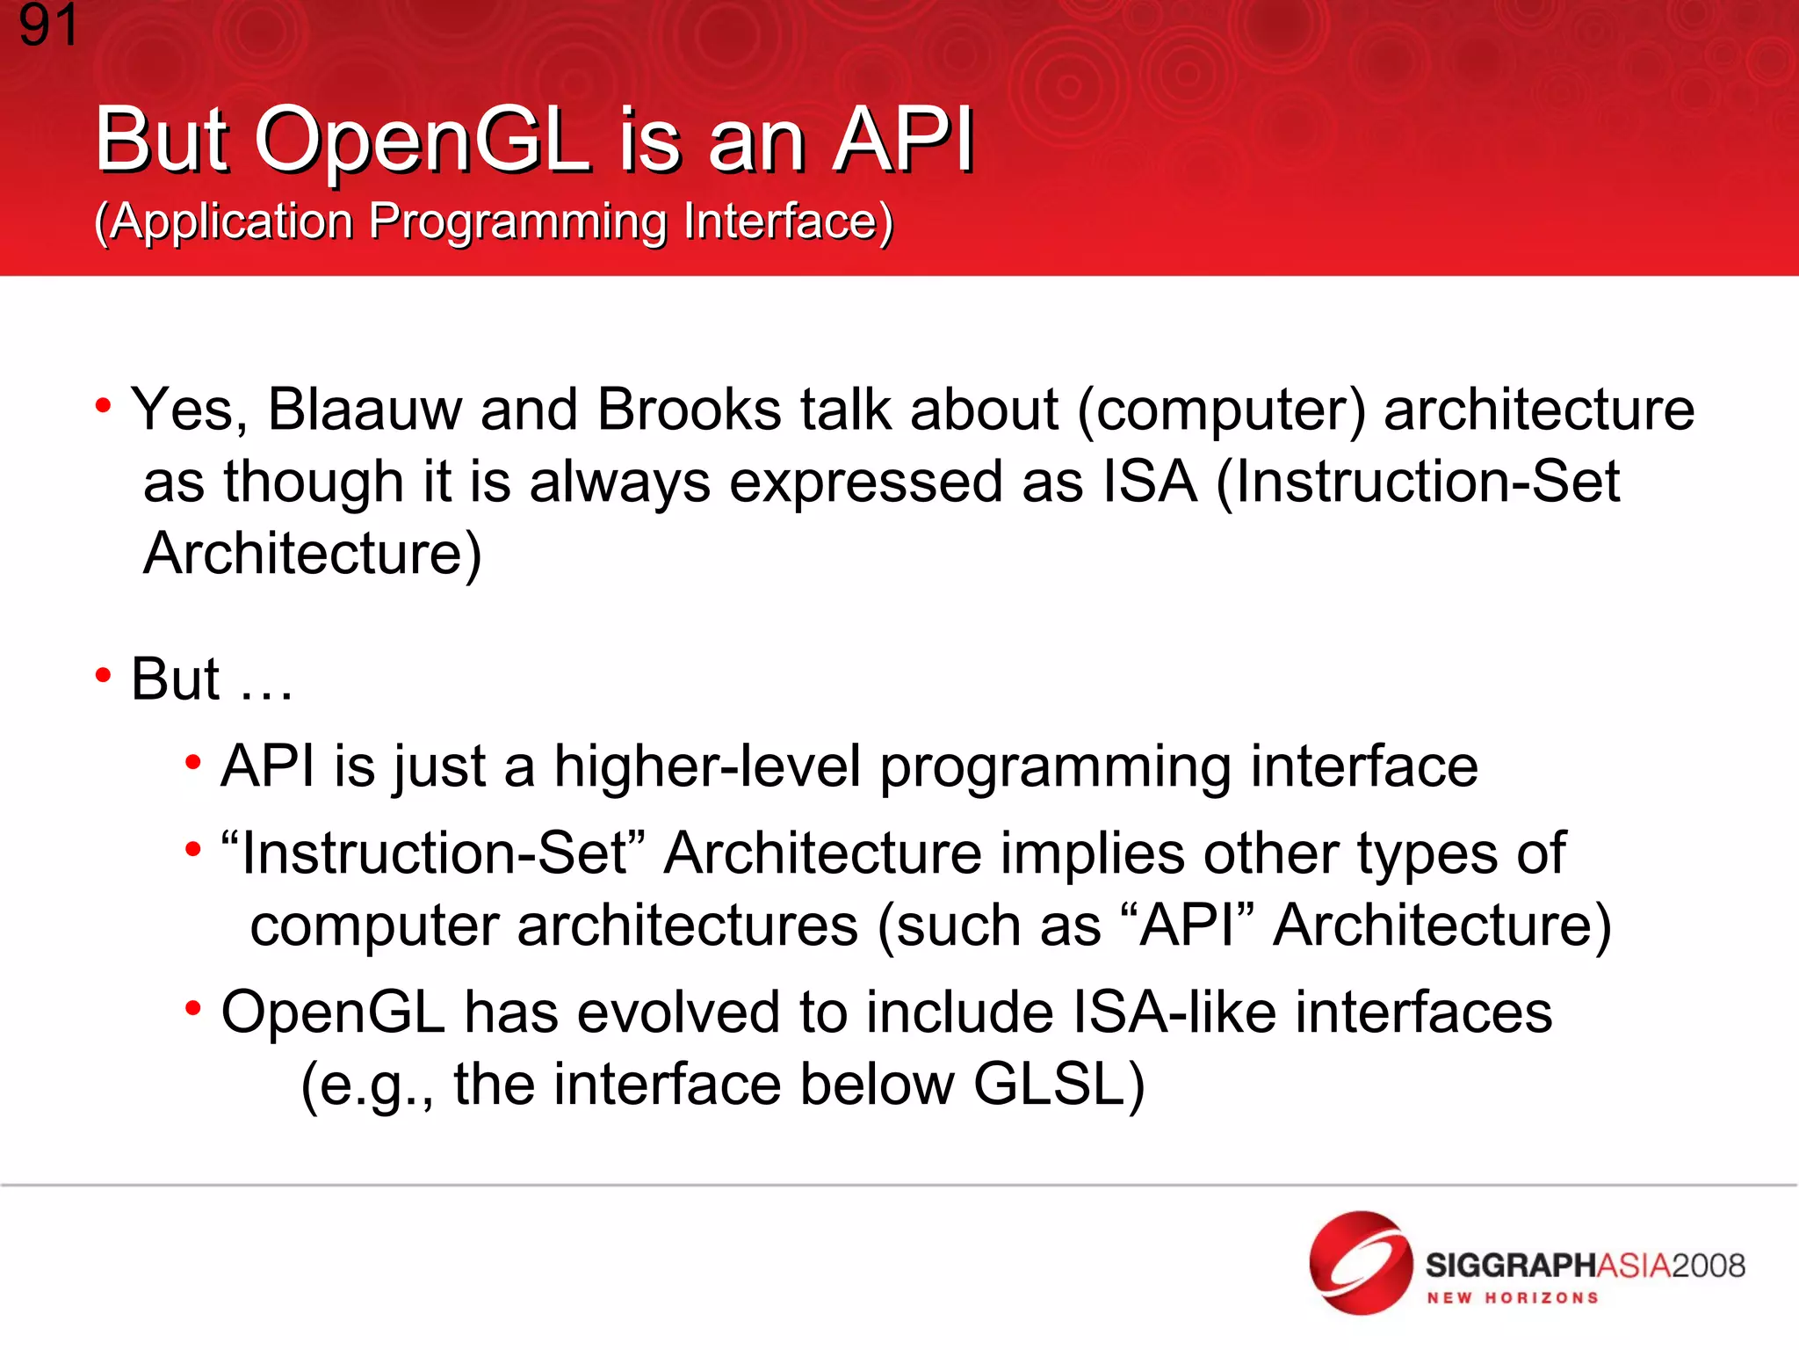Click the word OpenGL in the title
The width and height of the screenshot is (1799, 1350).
tap(422, 141)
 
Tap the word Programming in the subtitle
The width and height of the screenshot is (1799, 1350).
tap(517, 221)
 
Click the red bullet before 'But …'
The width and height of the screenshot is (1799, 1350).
tap(104, 676)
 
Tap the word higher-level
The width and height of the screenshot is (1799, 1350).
tap(707, 767)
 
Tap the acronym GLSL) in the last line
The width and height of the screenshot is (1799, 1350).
tap(1059, 1085)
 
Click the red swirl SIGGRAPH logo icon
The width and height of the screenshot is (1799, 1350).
tap(1361, 1263)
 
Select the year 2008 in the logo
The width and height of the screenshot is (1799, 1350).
tap(1708, 1267)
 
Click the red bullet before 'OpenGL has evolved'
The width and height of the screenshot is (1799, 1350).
tap(193, 1008)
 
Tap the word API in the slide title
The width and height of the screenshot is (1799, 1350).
tap(904, 141)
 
